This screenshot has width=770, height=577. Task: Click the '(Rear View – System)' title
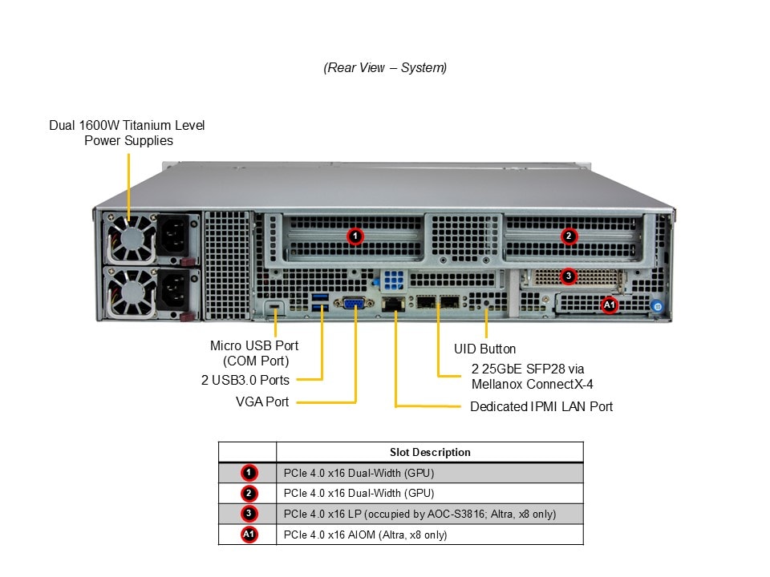tap(385, 68)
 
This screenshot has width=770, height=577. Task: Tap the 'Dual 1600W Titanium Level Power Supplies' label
tap(128, 133)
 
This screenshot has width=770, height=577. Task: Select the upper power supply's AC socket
tap(176, 235)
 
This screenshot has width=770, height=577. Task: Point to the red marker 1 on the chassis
tap(355, 236)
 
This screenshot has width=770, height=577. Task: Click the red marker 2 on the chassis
tap(568, 236)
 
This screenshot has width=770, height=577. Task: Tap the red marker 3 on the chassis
tap(568, 276)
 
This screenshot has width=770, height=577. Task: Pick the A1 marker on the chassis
tap(609, 305)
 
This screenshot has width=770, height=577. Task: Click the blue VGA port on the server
tap(355, 303)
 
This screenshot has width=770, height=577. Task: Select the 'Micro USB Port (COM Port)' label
tap(254, 353)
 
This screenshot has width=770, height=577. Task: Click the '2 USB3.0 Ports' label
tap(245, 380)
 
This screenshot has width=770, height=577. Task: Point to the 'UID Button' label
tap(485, 349)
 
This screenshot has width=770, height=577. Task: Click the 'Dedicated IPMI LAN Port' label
tap(541, 407)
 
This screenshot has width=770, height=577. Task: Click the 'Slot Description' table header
tap(430, 452)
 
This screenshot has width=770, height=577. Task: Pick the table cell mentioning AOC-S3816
tap(419, 514)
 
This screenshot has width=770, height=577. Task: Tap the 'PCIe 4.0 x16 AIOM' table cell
tap(365, 535)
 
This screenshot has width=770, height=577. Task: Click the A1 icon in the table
tap(249, 535)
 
